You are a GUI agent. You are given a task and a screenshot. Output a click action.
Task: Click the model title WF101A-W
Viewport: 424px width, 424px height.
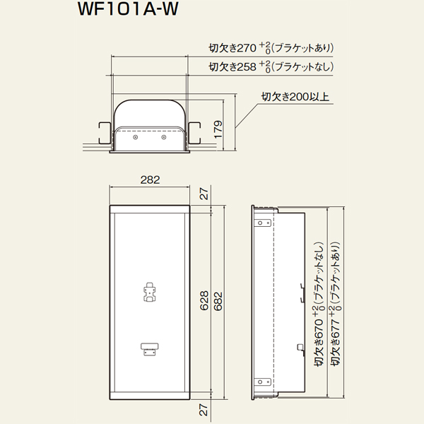point(128,9)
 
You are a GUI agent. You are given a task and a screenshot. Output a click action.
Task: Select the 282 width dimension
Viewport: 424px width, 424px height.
point(150,179)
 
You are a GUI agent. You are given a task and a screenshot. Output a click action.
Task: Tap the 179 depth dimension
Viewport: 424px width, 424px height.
point(218,129)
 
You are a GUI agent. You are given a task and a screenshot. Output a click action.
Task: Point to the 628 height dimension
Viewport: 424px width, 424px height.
point(204,300)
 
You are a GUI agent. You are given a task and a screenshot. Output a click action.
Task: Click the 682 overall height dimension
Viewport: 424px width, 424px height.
point(218,301)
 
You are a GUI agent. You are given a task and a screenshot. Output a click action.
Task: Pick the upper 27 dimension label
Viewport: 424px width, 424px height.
point(204,194)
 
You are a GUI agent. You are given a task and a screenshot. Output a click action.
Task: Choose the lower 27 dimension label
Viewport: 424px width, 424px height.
point(204,410)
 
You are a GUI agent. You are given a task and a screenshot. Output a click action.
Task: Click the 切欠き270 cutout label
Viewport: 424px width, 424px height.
point(271,48)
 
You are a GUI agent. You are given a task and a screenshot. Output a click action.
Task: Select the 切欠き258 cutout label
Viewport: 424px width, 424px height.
point(271,67)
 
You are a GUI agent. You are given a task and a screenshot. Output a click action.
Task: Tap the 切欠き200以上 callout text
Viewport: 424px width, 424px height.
point(295,97)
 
